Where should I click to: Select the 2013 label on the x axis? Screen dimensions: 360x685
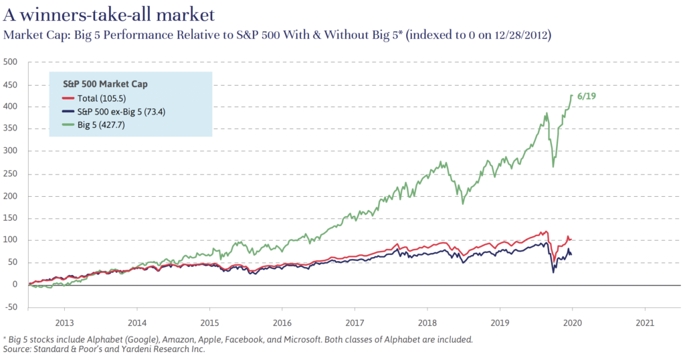(x=64, y=321)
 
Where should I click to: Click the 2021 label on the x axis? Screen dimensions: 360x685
(x=645, y=321)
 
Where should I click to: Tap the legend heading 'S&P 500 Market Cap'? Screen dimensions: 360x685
(x=110, y=84)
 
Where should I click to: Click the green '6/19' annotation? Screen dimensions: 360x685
(x=587, y=96)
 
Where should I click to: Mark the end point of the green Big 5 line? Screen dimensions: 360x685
(x=572, y=95)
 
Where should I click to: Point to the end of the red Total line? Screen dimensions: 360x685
(x=571, y=239)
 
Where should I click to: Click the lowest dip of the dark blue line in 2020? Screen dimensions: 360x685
(x=553, y=272)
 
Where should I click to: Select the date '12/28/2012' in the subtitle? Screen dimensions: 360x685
(x=512, y=35)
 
